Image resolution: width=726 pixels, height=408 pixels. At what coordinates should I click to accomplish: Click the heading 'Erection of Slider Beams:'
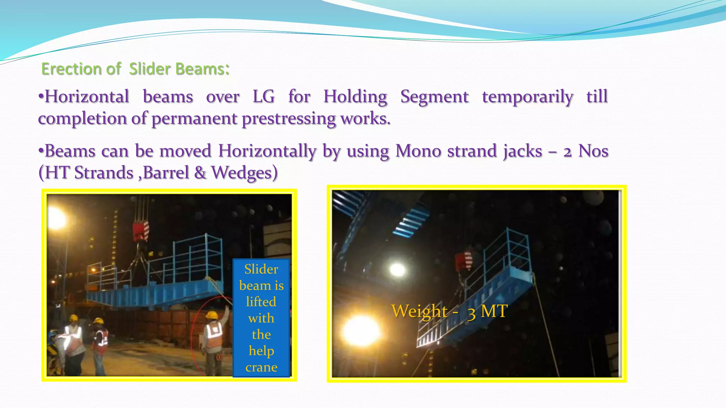135,69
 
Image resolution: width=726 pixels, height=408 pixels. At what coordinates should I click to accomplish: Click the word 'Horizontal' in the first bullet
86,96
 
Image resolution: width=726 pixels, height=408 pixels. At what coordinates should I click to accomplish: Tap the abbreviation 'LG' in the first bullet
263,96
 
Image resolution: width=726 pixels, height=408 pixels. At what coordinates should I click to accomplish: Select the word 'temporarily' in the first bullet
527,96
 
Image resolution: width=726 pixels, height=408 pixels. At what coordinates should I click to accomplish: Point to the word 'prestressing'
289,118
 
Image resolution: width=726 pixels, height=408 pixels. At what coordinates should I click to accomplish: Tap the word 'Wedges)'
244,173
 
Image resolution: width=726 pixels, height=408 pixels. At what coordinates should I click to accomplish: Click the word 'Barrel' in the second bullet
166,173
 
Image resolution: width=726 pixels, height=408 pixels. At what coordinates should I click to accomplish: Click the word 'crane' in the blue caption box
261,367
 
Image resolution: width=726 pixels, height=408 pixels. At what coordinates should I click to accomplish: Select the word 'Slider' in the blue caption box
261,269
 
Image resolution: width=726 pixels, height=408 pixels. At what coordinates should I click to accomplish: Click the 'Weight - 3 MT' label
449,311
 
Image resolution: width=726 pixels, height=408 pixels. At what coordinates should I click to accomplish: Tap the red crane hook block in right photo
464,261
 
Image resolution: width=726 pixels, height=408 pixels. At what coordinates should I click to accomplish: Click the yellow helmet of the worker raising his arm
212,315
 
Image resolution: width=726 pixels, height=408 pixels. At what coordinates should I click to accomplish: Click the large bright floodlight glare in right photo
361,331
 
